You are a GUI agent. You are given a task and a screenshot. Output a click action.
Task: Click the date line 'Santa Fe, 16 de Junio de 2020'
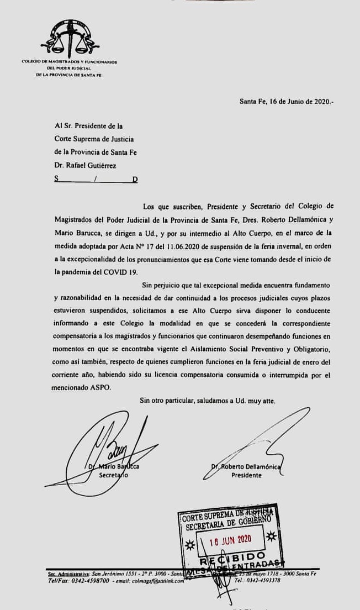(x=287, y=101)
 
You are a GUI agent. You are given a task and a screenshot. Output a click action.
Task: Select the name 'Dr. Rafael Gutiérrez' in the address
(x=86, y=165)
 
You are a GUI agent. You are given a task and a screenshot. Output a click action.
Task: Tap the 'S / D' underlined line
(x=96, y=179)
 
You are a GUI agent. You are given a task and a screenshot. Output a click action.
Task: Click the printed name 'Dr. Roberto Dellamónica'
(x=246, y=467)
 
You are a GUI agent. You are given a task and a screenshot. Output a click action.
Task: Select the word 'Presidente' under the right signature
(x=246, y=475)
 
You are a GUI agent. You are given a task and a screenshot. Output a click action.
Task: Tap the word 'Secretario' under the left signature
(x=113, y=475)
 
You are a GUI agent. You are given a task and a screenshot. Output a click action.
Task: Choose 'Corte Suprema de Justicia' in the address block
(x=94, y=139)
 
